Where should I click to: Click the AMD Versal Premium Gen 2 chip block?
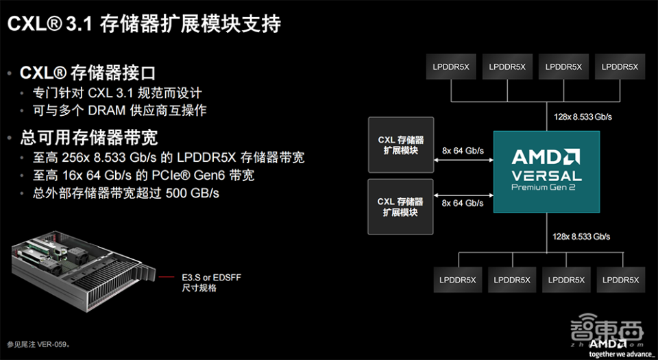[x=546, y=171]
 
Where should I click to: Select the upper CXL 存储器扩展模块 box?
[x=400, y=145]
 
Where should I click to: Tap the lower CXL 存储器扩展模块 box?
[x=400, y=207]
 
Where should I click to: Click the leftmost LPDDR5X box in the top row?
[x=450, y=67]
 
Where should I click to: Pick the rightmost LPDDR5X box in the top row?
[x=620, y=67]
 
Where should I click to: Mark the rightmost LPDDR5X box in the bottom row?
[x=620, y=280]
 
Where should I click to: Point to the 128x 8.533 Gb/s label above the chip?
[x=583, y=117]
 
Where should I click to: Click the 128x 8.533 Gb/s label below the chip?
[x=582, y=236]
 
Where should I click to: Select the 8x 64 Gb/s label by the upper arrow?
[x=463, y=150]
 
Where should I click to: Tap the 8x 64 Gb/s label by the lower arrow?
[x=463, y=203]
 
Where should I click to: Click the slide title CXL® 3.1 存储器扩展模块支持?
[x=144, y=24]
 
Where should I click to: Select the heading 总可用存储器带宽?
[x=89, y=137]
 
